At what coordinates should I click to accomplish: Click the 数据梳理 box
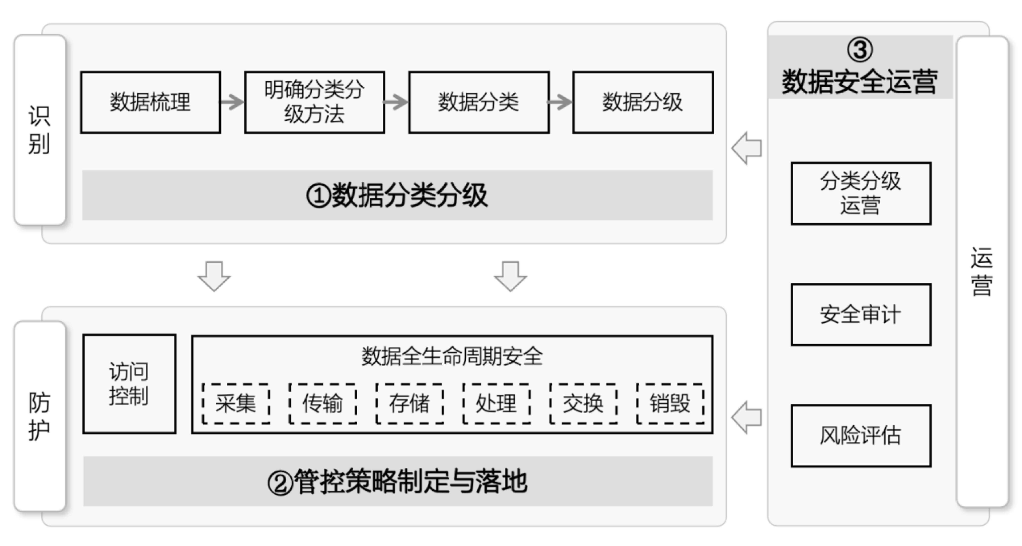[x=150, y=102]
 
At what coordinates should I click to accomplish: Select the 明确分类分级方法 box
[x=314, y=102]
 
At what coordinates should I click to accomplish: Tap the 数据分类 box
[x=479, y=102]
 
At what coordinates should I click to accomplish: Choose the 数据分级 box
[x=643, y=102]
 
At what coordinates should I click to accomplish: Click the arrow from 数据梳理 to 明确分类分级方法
[x=232, y=102]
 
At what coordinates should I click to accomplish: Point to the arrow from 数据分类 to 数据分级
[x=560, y=102]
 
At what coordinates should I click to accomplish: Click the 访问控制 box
[x=129, y=384]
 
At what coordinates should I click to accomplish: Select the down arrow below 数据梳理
[x=214, y=276]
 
